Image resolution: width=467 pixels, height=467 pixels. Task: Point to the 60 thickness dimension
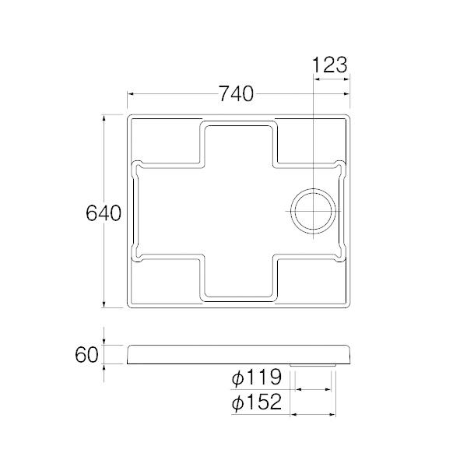coord(87,355)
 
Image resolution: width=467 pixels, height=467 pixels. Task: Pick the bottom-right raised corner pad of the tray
coord(309,280)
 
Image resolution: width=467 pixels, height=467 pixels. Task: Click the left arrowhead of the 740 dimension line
coord(130,94)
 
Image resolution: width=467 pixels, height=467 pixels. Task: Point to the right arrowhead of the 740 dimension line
coord(349,94)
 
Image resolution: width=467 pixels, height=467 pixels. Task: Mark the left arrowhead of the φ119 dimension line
coord(298,389)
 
